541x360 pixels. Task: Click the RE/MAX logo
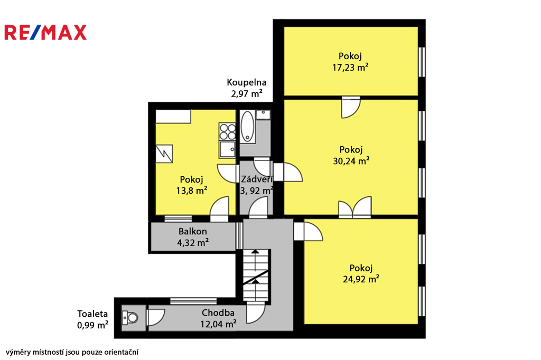coord(45,32)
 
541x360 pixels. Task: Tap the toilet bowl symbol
coord(130,318)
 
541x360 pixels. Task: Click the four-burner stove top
coord(227,131)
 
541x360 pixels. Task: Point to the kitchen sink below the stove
coord(227,149)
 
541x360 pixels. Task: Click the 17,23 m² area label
coord(350,67)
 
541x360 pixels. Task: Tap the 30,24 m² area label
coord(351,160)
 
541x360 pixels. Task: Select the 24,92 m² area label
coord(361,279)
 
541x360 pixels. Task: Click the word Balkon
coord(192,231)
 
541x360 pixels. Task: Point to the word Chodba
coord(218,313)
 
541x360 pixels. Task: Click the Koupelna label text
coord(246,82)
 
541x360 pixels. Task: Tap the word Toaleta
coord(92,314)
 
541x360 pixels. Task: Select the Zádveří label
coord(257,179)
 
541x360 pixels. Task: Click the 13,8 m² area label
coord(191,191)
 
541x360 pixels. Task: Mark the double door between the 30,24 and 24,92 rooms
coord(355,207)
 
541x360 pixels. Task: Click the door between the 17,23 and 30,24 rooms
coord(351,107)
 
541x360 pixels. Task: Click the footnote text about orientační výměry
coord(72,352)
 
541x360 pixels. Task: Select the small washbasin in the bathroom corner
coord(263,115)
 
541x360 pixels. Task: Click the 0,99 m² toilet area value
coord(92,325)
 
